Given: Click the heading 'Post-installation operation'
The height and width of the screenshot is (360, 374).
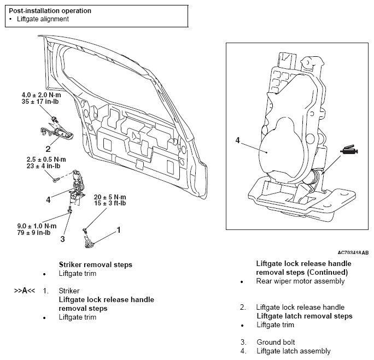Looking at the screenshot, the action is (50, 11).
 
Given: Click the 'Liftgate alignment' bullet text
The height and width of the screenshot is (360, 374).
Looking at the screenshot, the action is (43, 19).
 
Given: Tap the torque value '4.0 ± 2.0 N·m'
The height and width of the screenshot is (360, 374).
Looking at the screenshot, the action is (41, 95).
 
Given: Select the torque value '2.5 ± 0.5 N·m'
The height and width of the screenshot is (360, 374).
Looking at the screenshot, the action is (46, 160).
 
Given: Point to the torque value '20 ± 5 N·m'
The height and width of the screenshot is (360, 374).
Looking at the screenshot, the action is (110, 197).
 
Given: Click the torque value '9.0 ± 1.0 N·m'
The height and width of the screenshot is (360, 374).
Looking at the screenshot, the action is (37, 226).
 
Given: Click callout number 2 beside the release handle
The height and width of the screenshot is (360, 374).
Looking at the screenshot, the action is (48, 149).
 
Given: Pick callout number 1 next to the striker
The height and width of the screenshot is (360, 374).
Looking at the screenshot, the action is (119, 230).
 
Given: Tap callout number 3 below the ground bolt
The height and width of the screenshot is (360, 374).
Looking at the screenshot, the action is (62, 239).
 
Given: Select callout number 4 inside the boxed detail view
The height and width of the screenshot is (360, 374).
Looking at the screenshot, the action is (237, 140).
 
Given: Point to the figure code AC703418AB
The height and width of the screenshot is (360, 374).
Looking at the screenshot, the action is (353, 252).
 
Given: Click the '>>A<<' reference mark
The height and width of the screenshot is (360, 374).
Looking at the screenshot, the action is (25, 291).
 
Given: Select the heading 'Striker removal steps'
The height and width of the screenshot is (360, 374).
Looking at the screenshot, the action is (95, 265).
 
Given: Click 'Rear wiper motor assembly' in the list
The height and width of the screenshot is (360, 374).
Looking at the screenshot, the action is (300, 281).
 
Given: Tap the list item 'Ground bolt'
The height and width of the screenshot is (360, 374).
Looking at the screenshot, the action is (276, 342).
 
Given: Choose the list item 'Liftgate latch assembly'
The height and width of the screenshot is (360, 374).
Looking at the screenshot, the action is (294, 351).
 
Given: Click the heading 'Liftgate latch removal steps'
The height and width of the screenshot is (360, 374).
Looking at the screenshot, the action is (305, 316).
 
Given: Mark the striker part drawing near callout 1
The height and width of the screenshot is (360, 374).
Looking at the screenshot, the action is (89, 242).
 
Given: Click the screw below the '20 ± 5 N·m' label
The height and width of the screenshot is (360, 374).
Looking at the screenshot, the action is (85, 230).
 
